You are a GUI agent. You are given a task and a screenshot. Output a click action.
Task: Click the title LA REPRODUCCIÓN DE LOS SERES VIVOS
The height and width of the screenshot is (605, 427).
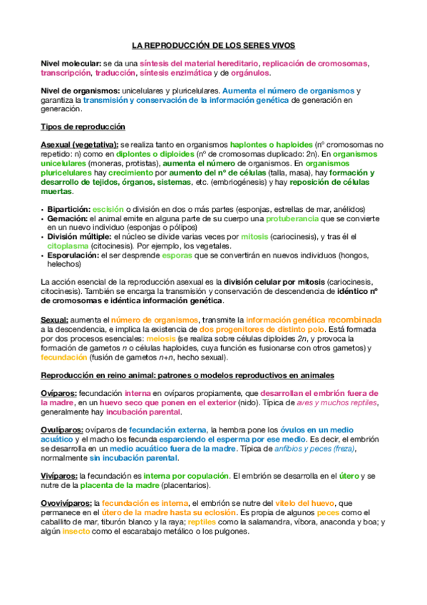[213, 45]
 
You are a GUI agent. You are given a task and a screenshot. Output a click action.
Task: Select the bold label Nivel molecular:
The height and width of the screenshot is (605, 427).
[71, 63]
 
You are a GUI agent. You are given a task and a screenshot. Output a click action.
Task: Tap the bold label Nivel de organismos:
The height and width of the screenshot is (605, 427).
[81, 91]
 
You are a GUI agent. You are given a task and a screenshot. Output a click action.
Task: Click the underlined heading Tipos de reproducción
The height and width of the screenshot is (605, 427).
[83, 127]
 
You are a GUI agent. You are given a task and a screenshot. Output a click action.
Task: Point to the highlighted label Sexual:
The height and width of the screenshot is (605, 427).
[55, 320]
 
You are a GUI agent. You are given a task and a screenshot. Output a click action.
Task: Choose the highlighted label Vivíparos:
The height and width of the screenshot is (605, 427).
[59, 475]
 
